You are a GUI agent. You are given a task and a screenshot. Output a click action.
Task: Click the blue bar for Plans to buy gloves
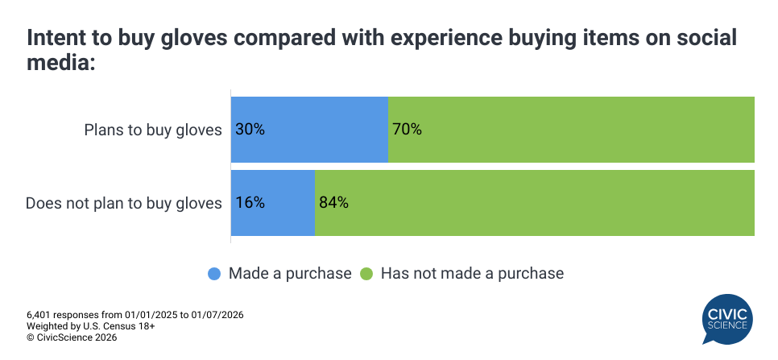pyautogui.click(x=309, y=130)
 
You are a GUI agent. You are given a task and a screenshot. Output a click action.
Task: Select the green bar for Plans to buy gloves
pyautogui.click(x=571, y=130)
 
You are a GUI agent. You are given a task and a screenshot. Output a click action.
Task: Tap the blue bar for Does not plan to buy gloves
pyautogui.click(x=272, y=203)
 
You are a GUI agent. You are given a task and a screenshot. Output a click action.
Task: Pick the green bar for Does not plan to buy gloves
pyautogui.click(x=534, y=203)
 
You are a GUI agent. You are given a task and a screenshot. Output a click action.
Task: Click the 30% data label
pyautogui.click(x=250, y=130)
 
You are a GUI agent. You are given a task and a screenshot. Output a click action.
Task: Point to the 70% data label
pyautogui.click(x=406, y=130)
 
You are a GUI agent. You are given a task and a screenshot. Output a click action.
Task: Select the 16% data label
pyautogui.click(x=250, y=203)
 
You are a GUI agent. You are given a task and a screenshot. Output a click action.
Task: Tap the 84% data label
pyautogui.click(x=333, y=203)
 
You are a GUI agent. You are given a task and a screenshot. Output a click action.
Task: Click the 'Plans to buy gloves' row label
pyautogui.click(x=153, y=130)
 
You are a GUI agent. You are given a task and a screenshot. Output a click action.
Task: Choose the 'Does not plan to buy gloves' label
pyautogui.click(x=124, y=203)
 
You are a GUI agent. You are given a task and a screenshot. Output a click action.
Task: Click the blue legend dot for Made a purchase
pyautogui.click(x=214, y=274)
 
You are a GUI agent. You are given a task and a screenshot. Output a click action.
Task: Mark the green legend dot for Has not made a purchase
pyautogui.click(x=366, y=274)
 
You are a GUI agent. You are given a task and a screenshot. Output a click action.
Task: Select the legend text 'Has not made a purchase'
pyautogui.click(x=472, y=274)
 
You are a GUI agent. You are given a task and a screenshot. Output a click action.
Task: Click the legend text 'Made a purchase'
pyautogui.click(x=290, y=274)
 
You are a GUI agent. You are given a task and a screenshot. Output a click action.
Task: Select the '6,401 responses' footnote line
pyautogui.click(x=134, y=315)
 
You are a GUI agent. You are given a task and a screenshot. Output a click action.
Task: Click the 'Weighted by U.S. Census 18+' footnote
pyautogui.click(x=90, y=326)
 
